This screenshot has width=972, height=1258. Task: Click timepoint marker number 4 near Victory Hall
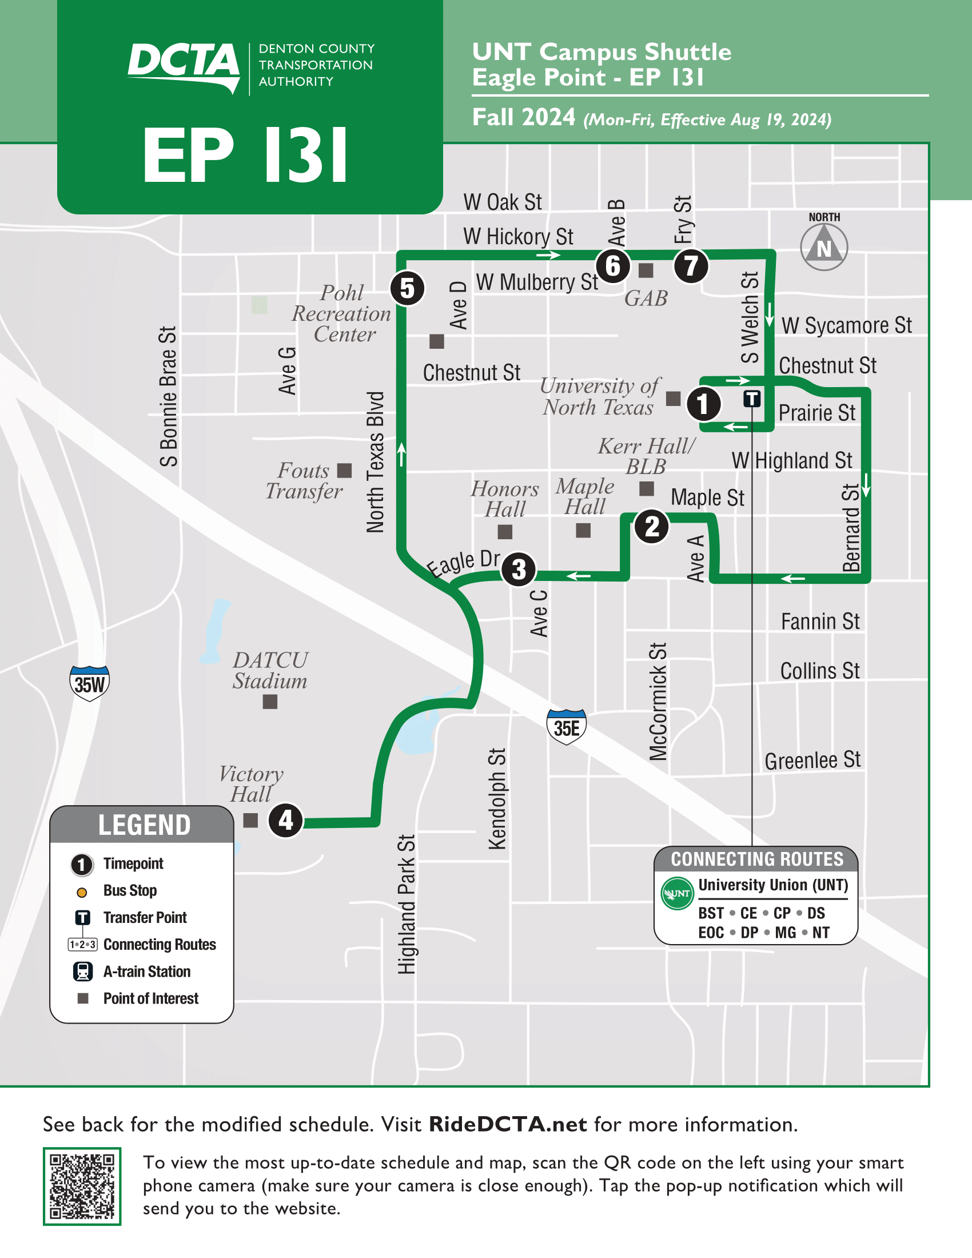pyautogui.click(x=286, y=820)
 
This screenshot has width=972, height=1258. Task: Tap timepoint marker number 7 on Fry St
pyautogui.click(x=691, y=265)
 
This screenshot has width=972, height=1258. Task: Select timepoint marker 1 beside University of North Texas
pyautogui.click(x=703, y=403)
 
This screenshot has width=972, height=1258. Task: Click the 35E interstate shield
pyautogui.click(x=567, y=727)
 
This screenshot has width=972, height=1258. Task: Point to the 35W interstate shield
pyautogui.click(x=89, y=683)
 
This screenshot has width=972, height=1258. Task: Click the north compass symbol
pyautogui.click(x=824, y=247)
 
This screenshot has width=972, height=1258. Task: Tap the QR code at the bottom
pyautogui.click(x=82, y=1186)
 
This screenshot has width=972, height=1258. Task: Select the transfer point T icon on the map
pyautogui.click(x=751, y=398)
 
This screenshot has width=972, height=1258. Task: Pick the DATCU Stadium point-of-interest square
pyautogui.click(x=270, y=702)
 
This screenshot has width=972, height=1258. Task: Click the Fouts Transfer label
pyautogui.click(x=304, y=481)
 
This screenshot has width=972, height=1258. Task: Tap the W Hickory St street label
pyautogui.click(x=517, y=237)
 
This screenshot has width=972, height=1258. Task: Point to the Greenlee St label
pyautogui.click(x=812, y=761)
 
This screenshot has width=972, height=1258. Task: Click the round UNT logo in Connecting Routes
pyautogui.click(x=676, y=893)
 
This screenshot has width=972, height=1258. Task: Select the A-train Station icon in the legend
pyautogui.click(x=83, y=972)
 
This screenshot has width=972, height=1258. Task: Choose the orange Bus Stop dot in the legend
pyautogui.click(x=82, y=892)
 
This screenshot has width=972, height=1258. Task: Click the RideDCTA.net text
pyautogui.click(x=508, y=1124)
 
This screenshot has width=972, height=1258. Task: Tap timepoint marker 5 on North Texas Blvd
pyautogui.click(x=407, y=288)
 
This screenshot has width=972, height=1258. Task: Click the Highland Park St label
pyautogui.click(x=407, y=905)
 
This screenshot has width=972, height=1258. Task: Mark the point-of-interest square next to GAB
pyautogui.click(x=646, y=269)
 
